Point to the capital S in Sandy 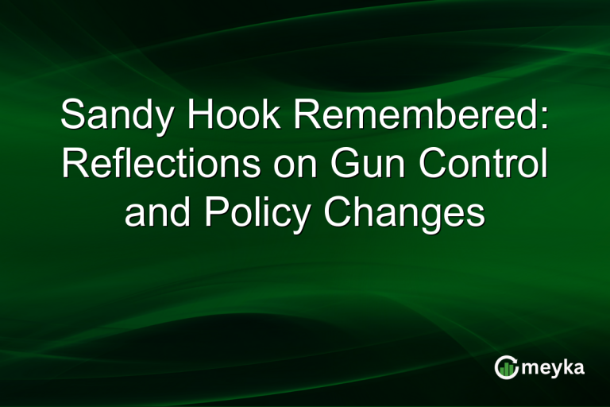click(74, 116)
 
